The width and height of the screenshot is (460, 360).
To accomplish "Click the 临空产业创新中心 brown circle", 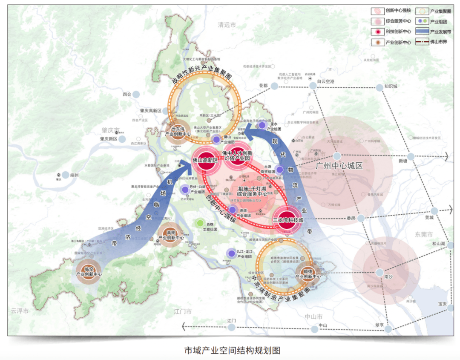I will point(89,271).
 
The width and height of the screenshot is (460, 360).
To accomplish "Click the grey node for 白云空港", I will point(313,85).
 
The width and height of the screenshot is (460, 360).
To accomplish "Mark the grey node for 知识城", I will point(379,87).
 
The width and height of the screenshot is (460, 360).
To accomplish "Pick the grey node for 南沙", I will point(379,272).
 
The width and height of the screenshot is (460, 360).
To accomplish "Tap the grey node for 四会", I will point(136,95).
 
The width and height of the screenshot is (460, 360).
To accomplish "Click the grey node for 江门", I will point(231,327).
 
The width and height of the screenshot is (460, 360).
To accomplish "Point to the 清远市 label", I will point(226,25).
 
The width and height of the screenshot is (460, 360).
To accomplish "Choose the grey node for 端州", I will point(65,175).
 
